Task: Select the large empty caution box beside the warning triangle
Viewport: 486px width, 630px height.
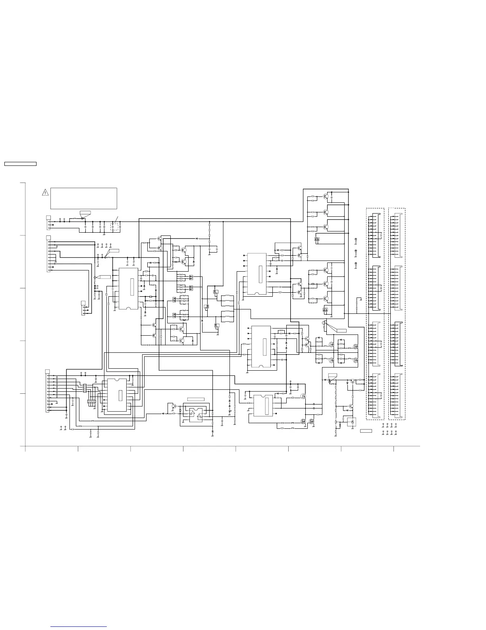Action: coord(84,198)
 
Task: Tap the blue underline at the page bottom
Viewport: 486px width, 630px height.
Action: coord(79,627)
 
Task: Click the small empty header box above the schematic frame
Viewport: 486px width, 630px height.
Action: coord(20,163)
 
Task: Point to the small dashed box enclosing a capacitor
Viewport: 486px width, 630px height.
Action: coord(114,227)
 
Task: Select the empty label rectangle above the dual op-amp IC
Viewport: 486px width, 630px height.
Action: coord(196,399)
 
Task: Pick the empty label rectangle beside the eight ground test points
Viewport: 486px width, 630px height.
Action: coord(366,431)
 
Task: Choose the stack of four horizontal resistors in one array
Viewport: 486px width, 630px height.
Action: coord(85,388)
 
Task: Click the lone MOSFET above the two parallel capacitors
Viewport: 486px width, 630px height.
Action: coord(304,396)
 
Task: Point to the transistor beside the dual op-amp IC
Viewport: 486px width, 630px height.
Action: coord(174,406)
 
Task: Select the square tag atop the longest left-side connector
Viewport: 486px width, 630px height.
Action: coord(47,371)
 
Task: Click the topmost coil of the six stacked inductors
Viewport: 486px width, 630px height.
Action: coord(228,296)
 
